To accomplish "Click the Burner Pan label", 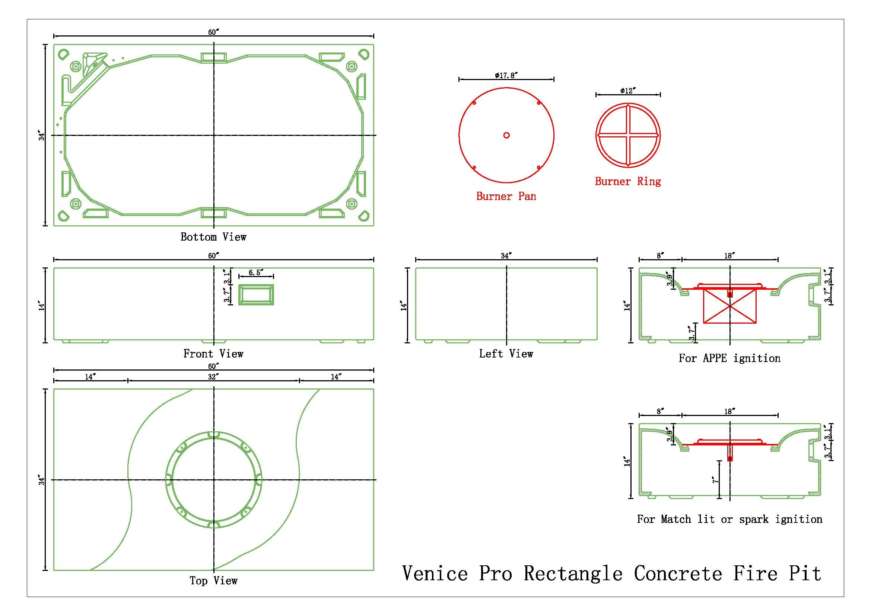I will coord(506,196).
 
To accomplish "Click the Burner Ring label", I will coord(628,181).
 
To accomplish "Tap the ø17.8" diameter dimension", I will coord(506,76).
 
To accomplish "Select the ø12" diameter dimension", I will coord(628,91).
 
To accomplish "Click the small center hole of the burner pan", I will coord(506,135).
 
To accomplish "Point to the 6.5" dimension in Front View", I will coord(256,273).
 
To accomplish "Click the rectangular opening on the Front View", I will coord(256,295).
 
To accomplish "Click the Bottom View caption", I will coord(214,237).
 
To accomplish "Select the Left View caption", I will coord(506,354).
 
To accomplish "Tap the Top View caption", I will coord(214,581).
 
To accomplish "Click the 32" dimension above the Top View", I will coord(213,377).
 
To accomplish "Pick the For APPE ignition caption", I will coord(729,358).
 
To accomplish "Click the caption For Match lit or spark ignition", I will coord(729,519).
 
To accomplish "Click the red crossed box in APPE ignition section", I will coord(729,306).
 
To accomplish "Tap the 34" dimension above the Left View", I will coord(506,255).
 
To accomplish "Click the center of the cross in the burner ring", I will coord(628,135).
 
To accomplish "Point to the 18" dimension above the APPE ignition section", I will coord(729,255).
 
